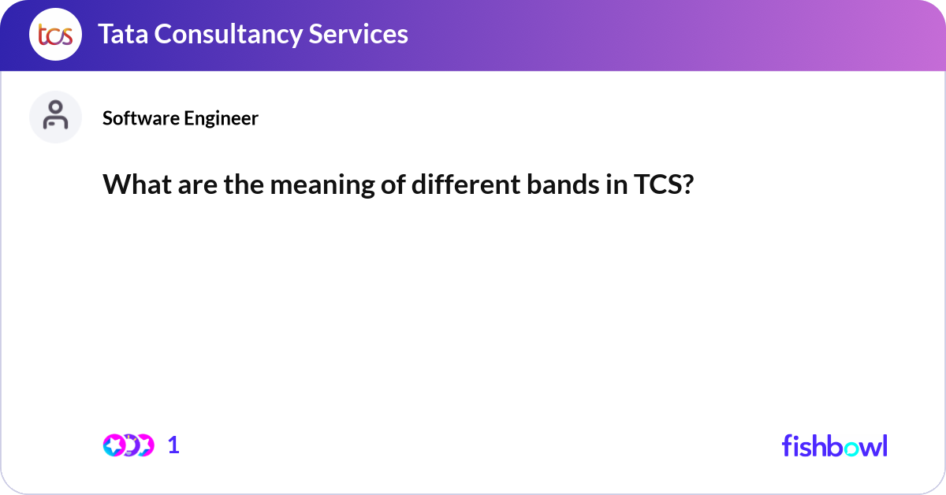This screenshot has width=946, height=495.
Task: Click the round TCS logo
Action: [55, 34]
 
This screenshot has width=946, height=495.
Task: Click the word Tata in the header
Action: [123, 34]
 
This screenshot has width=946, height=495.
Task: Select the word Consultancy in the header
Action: [228, 35]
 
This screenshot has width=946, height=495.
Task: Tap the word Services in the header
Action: [358, 34]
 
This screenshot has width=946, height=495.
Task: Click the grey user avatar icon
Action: [55, 117]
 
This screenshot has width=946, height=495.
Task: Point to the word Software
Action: [140, 117]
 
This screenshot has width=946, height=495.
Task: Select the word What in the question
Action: [137, 184]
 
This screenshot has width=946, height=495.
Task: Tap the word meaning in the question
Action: [322, 186]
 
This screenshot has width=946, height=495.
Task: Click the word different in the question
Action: [466, 184]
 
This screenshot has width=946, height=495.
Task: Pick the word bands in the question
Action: [563, 184]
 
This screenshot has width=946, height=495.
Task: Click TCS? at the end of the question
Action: [664, 184]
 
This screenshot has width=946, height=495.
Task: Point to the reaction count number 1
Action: [173, 445]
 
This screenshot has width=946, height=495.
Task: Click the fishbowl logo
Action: [835, 445]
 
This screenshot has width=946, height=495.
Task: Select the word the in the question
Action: [244, 184]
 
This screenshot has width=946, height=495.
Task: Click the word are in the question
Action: [198, 187]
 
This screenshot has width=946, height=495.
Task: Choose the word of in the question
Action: [393, 184]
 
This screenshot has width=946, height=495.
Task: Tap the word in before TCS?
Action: [616, 185]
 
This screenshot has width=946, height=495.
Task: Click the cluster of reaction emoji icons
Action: [128, 445]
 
